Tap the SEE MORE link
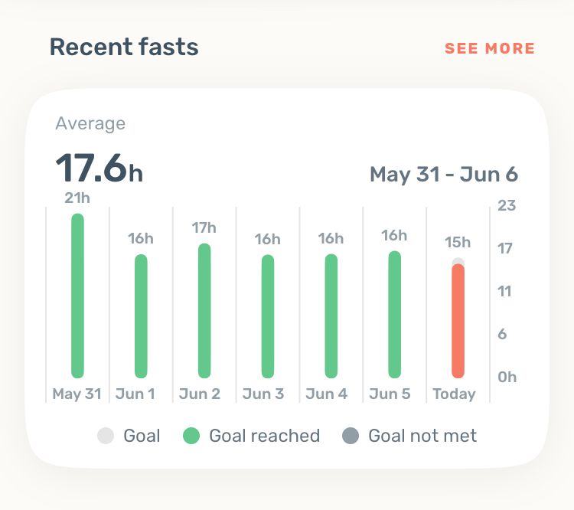point(490,48)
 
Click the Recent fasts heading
point(124,47)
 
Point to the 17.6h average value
point(99,168)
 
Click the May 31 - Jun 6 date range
point(444,175)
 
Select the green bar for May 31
point(77,296)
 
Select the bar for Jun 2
point(204,310)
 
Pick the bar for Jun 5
point(394,314)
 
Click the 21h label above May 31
point(77,198)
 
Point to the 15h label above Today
point(458,243)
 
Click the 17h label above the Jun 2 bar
point(204,227)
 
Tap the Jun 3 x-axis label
point(263,394)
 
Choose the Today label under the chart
point(454,394)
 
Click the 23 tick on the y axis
point(507,205)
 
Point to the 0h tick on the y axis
point(507,377)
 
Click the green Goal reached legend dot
point(191,436)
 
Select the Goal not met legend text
point(422,436)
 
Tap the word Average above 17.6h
point(90,123)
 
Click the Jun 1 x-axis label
point(135,394)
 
